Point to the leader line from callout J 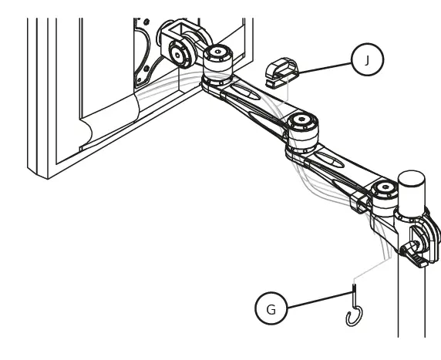(x=324, y=67)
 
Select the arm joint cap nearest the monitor (x=217, y=55)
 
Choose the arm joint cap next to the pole (x=382, y=190)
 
